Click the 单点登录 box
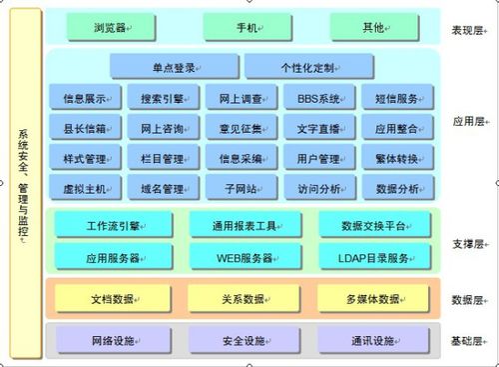click(175, 68)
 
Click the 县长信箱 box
click(86, 128)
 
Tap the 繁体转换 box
click(397, 158)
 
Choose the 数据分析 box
click(397, 188)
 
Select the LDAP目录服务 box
click(373, 257)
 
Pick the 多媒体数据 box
click(373, 298)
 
